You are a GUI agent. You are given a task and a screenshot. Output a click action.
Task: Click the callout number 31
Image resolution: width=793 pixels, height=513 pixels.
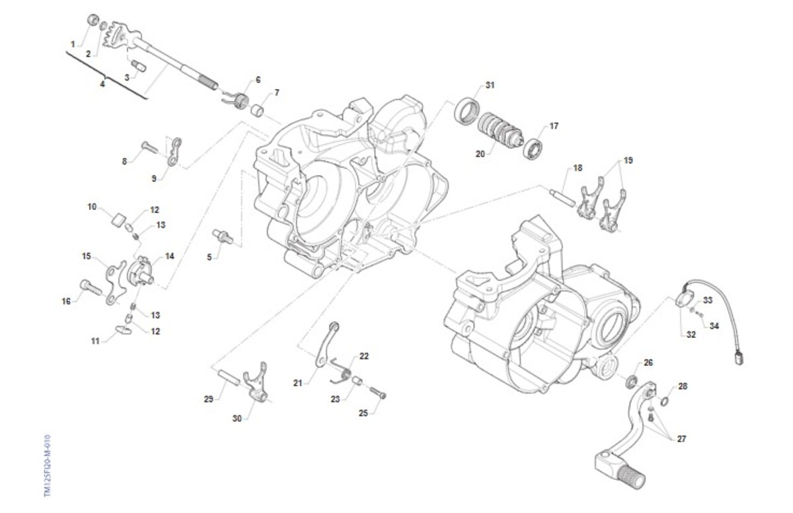tap(490, 85)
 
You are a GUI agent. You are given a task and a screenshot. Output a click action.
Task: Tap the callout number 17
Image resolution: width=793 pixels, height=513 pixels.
tap(553, 125)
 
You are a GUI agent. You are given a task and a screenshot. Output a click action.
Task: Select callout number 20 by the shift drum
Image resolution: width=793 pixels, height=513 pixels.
tap(480, 154)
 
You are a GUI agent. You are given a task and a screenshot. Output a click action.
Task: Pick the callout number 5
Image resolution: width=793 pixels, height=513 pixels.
tap(209, 257)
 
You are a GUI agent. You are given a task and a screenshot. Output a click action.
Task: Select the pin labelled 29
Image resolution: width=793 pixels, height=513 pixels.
tap(229, 382)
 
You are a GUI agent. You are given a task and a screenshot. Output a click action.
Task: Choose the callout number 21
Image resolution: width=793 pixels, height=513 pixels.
tap(297, 382)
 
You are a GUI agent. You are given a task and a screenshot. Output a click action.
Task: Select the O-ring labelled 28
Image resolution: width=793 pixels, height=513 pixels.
tap(665, 400)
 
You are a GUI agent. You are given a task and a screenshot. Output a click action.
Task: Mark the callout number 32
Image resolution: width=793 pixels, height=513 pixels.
tap(691, 334)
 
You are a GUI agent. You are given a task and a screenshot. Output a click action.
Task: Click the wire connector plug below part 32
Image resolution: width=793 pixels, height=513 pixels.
tap(738, 358)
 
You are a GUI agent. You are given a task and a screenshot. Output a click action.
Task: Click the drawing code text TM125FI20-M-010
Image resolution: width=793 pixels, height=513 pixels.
tap(47, 466)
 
